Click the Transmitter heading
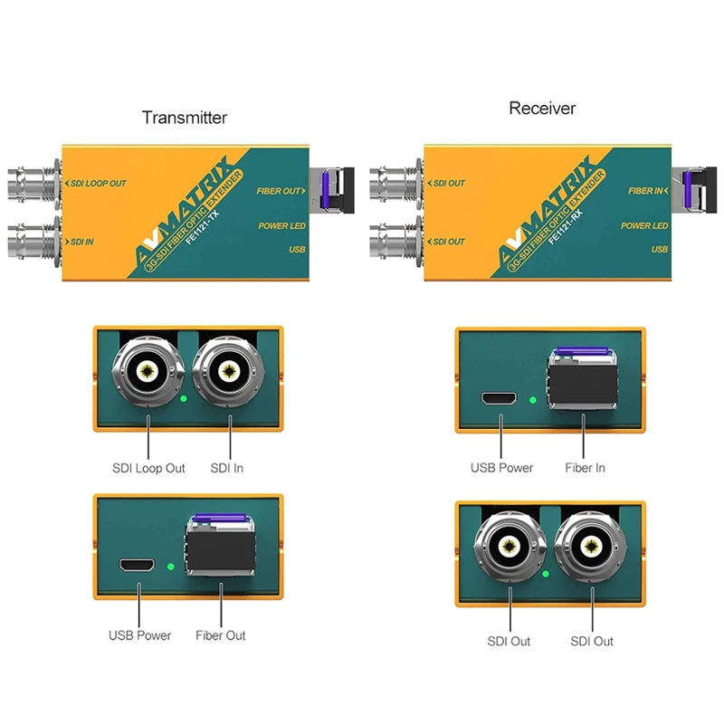tap(185, 118)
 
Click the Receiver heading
tap(542, 109)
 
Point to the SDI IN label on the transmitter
tap(84, 242)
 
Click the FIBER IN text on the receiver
tap(648, 191)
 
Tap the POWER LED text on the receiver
tap(644, 226)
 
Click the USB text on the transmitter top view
tap(297, 249)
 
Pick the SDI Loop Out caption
tap(148, 468)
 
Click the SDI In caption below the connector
tap(226, 468)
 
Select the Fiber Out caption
tap(221, 635)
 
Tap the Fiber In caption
tap(585, 468)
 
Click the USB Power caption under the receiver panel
tap(501, 468)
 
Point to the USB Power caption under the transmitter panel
tap(139, 635)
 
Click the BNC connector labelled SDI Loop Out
tap(148, 372)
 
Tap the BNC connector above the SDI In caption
tap(231, 372)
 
